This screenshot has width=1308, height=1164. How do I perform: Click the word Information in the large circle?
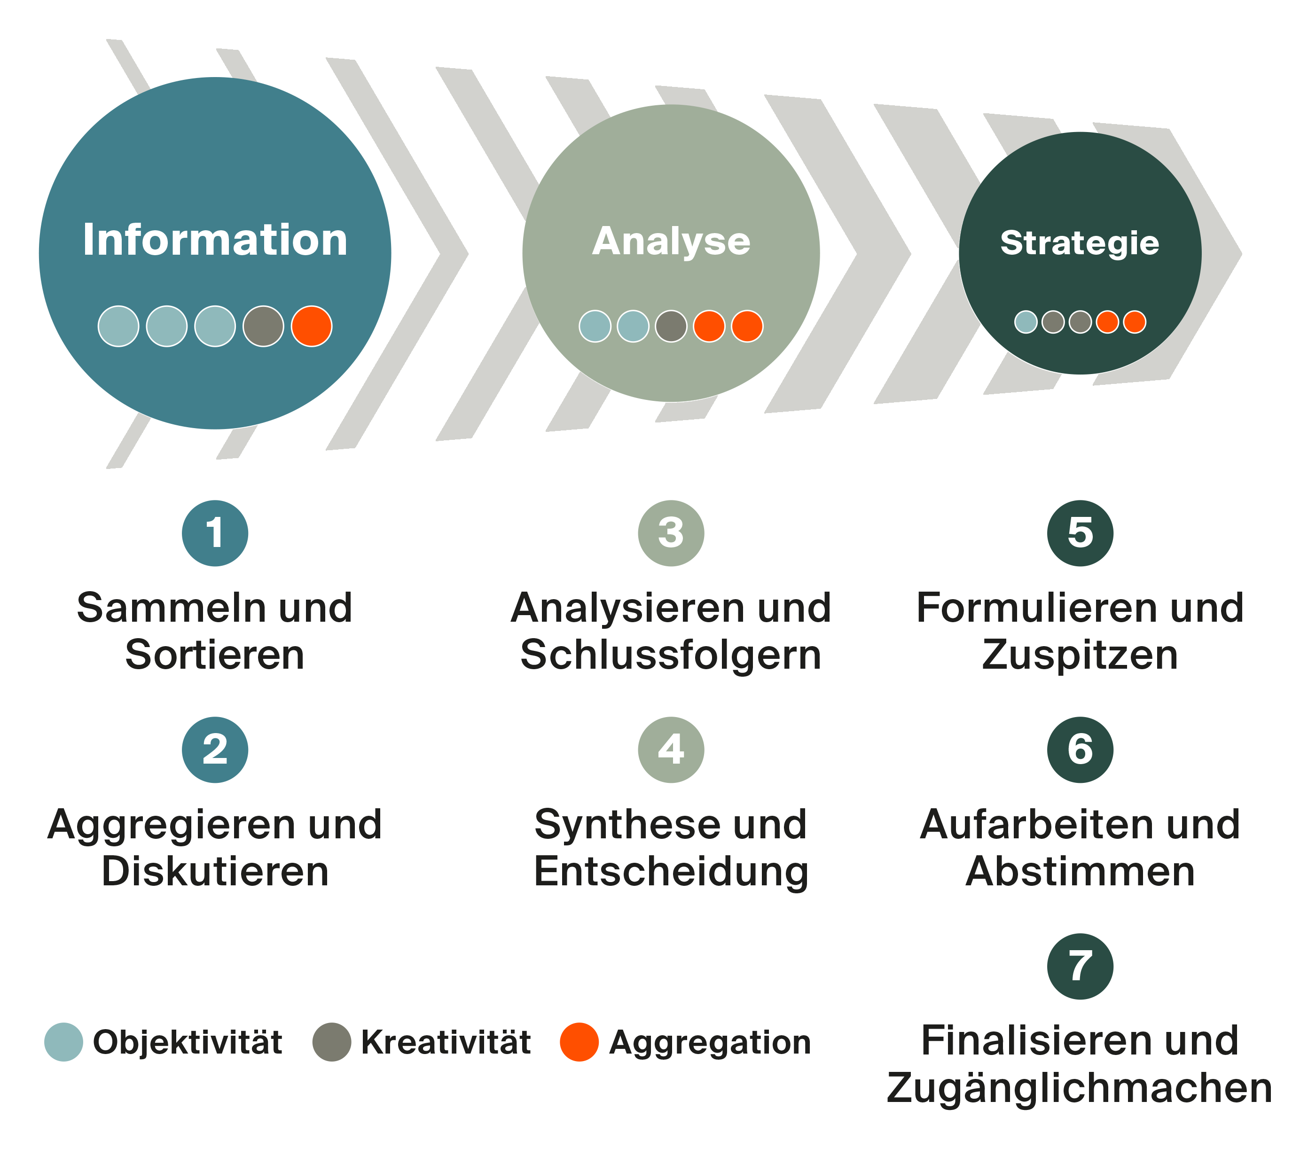pyautogui.click(x=215, y=240)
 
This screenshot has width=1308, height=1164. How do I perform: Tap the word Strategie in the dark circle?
pyautogui.click(x=1080, y=242)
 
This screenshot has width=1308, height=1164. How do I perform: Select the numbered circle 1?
pyautogui.click(x=215, y=533)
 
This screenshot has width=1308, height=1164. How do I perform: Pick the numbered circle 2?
pyautogui.click(x=215, y=750)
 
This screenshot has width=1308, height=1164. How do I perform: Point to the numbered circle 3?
pyautogui.click(x=671, y=533)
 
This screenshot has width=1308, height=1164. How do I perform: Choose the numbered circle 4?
pyautogui.click(x=671, y=750)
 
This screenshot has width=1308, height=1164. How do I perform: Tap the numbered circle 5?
pyautogui.click(x=1080, y=533)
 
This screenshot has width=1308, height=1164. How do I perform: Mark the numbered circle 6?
pyautogui.click(x=1080, y=750)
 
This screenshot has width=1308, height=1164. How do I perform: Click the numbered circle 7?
pyautogui.click(x=1080, y=966)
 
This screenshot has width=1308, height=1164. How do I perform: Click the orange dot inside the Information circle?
pyautogui.click(x=312, y=326)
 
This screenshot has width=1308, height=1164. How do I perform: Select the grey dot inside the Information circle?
pyautogui.click(x=263, y=326)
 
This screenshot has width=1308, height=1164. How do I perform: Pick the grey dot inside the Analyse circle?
pyautogui.click(x=671, y=326)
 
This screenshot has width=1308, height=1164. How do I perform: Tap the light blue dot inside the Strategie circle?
pyautogui.click(x=1026, y=322)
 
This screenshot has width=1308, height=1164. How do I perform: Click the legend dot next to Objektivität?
pyautogui.click(x=63, y=1042)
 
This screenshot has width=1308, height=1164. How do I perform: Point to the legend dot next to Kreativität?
pyautogui.click(x=331, y=1042)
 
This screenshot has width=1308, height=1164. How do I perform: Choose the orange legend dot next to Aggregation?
pyautogui.click(x=579, y=1042)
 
